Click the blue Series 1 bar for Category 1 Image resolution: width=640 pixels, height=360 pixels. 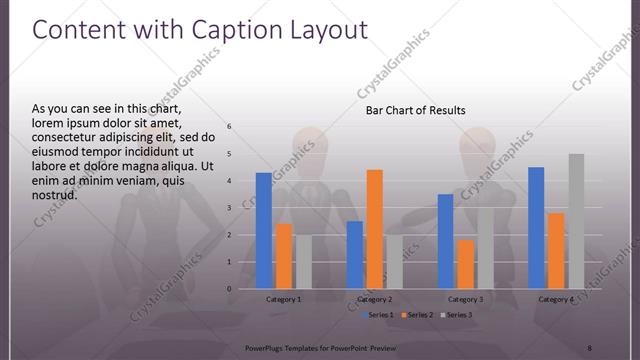pos(264,231)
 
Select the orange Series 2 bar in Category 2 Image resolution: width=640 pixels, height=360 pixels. pos(375,229)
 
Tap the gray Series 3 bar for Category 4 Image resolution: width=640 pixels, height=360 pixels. pos(576,221)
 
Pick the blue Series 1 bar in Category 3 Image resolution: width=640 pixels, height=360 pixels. pos(445,241)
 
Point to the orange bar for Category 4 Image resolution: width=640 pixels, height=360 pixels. pos(556,251)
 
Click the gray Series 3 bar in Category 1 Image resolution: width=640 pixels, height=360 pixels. pos(303,262)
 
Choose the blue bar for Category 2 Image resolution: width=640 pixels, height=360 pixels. pos(355,255)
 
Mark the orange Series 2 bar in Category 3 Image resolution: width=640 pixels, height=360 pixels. pos(465,264)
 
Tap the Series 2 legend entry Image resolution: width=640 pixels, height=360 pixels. pos(416,315)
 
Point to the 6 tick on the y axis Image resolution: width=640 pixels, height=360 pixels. pos(229,127)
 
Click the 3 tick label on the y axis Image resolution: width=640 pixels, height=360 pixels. pos(229,208)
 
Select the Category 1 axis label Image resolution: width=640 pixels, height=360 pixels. pos(284,299)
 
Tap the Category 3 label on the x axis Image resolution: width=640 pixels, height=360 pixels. pos(465,299)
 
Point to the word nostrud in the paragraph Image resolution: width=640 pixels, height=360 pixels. pos(55,194)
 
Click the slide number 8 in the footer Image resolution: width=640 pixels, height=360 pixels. pos(589,347)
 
